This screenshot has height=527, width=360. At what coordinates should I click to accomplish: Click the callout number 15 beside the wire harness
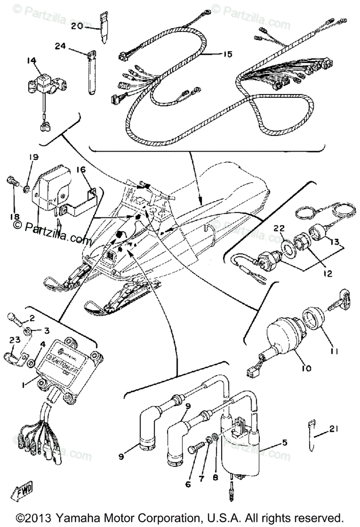coord(227,54)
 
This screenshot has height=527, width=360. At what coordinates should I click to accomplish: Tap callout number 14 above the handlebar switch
coord(30,61)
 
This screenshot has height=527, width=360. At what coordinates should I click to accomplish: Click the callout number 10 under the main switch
coord(306,368)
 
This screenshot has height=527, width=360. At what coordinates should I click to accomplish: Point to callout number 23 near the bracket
coord(15,339)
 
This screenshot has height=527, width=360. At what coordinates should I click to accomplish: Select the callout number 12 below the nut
coord(326,273)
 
